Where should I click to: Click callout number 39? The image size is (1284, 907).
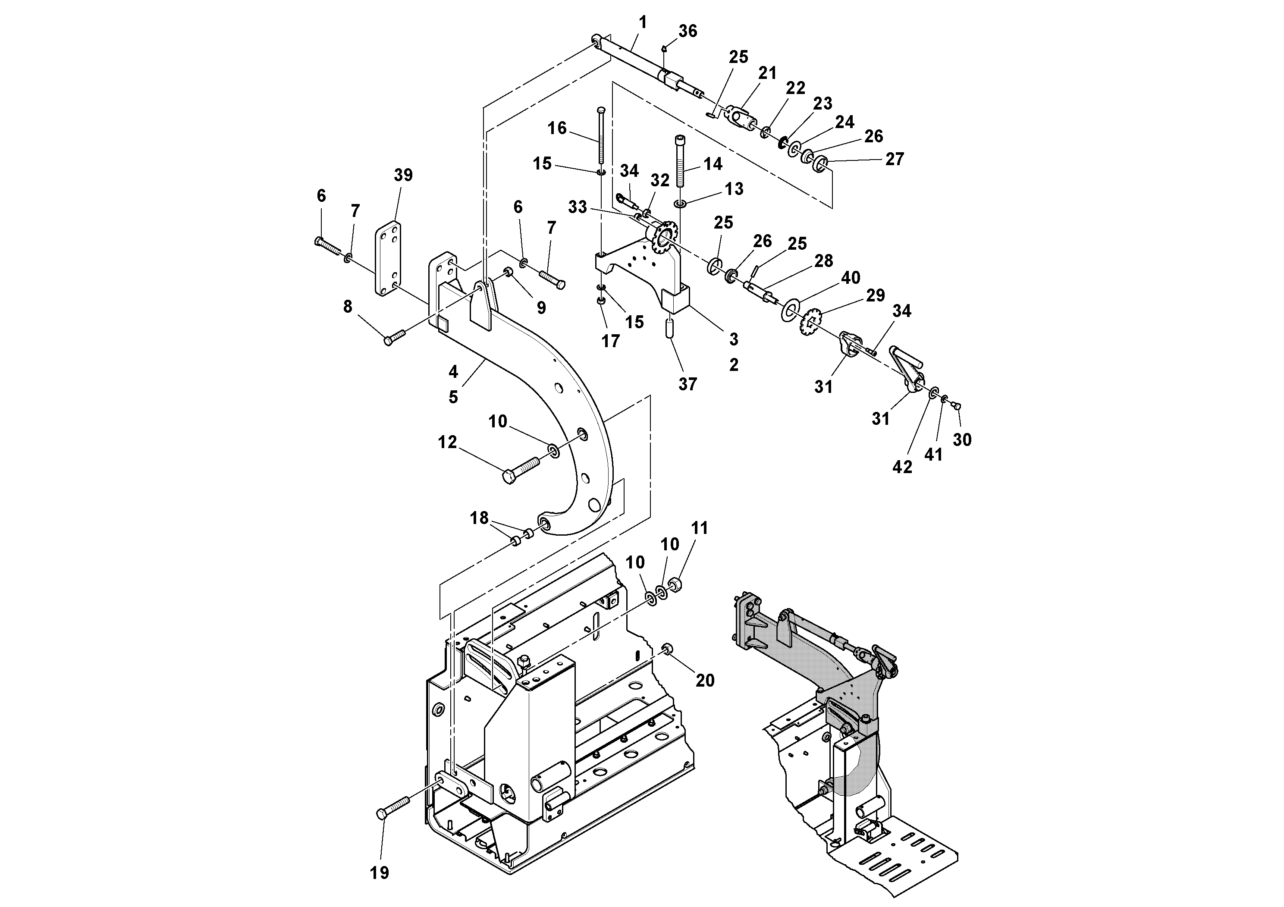point(403,175)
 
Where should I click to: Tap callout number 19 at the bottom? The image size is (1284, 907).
point(379,872)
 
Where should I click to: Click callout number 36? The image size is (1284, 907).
point(688,31)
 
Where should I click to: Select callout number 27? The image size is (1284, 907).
point(894,160)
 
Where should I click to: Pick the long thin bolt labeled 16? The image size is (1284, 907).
point(601,137)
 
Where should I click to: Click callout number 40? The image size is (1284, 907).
point(850,278)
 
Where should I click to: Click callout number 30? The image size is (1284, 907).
point(962,440)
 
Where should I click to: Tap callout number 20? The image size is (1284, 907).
point(705,680)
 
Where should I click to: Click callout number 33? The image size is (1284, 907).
point(577,207)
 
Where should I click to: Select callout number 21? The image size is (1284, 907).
point(767,73)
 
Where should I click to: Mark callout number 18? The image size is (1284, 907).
point(479,518)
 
